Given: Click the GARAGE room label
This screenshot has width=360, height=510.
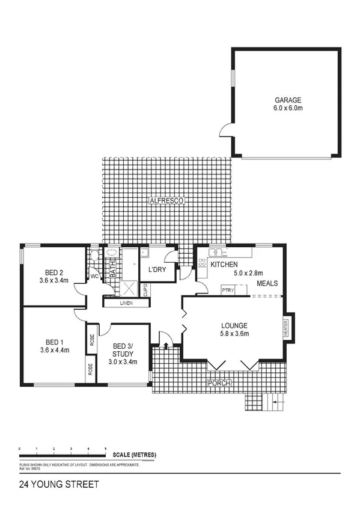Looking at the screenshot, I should pos(288,100).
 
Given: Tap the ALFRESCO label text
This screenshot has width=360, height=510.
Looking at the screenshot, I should pos(166,200).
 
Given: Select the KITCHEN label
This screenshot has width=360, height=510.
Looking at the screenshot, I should pos(224,265).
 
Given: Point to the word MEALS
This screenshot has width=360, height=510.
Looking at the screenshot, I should pos(267,283).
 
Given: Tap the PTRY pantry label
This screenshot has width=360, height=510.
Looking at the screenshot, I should pos(228,291).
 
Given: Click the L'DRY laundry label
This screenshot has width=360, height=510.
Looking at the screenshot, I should pos(157,270).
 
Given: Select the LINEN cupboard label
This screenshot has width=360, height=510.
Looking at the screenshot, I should pos(125,303).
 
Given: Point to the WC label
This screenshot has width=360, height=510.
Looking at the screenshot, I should pos(94,277).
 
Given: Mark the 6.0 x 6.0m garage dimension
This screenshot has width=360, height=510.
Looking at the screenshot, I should pos(288,109).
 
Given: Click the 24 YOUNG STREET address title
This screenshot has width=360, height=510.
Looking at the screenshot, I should pos(59,484).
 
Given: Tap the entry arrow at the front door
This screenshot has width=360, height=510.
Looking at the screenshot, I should pos(166,345).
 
